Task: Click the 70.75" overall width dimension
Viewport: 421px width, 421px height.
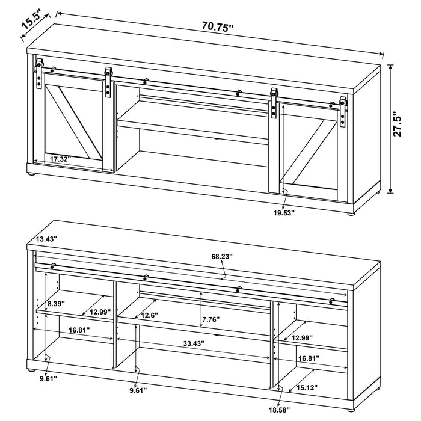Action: click(218, 26)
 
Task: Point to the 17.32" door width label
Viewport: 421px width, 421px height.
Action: click(60, 159)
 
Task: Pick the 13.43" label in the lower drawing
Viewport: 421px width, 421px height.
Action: click(46, 239)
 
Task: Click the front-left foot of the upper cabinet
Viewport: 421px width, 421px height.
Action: click(32, 175)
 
